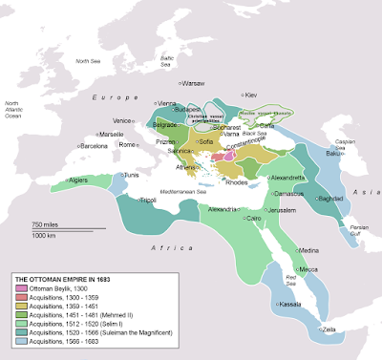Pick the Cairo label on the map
click(x=253, y=218)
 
